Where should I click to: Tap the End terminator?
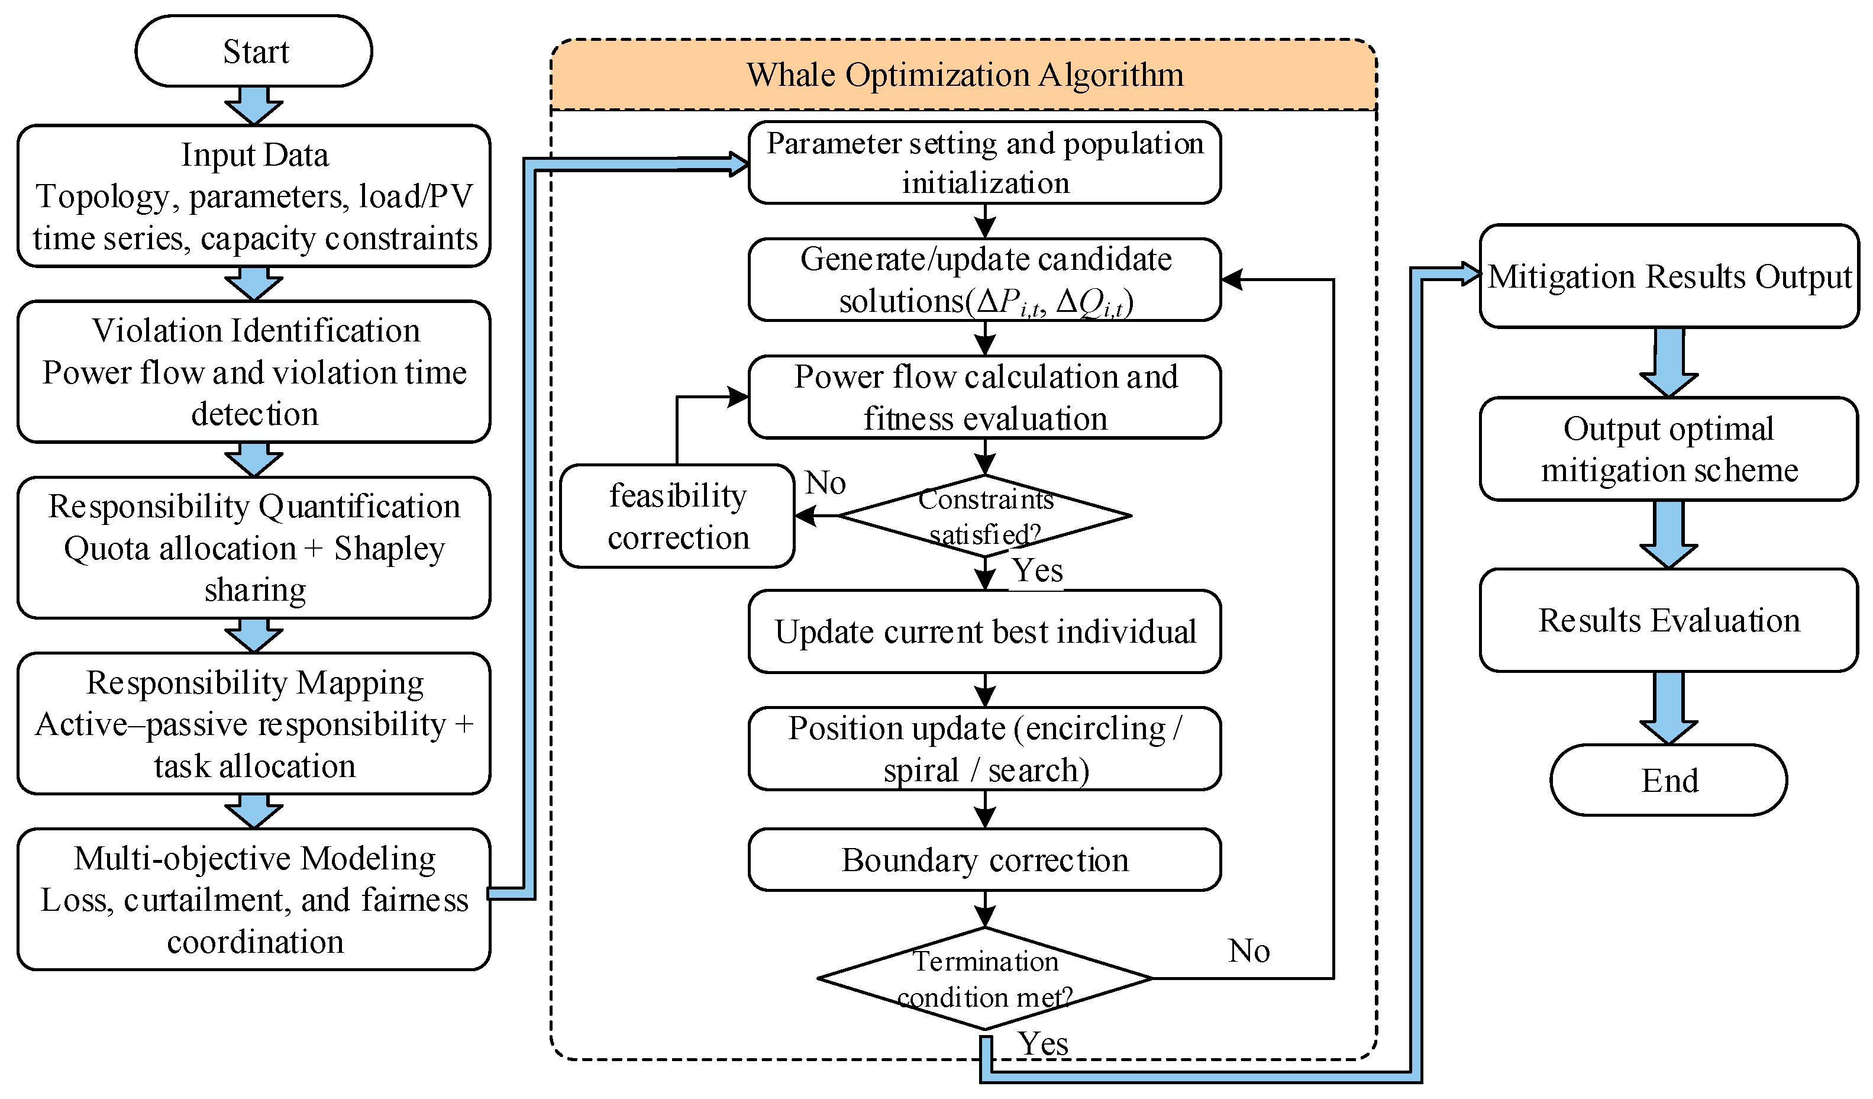coord(1669,780)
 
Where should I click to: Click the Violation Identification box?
coord(253,372)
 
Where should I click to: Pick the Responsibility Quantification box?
coord(253,548)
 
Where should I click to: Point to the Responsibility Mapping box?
coord(253,724)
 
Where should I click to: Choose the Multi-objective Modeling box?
coord(253,900)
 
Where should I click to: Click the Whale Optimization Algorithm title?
coord(965,75)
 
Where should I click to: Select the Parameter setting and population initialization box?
coord(985,163)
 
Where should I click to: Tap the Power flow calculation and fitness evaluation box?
coord(985,397)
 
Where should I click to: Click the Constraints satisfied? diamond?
coord(985,516)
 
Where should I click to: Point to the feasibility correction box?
coord(677,516)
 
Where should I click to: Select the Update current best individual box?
coord(985,632)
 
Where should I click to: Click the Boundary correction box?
coord(985,859)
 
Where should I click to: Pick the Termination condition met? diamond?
coord(985,978)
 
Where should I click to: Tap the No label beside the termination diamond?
coord(1249,951)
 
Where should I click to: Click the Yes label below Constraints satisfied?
coord(1038,571)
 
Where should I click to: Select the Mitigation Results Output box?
coord(1669,276)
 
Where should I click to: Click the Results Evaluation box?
coord(1669,620)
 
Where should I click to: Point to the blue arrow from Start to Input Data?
coord(253,105)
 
